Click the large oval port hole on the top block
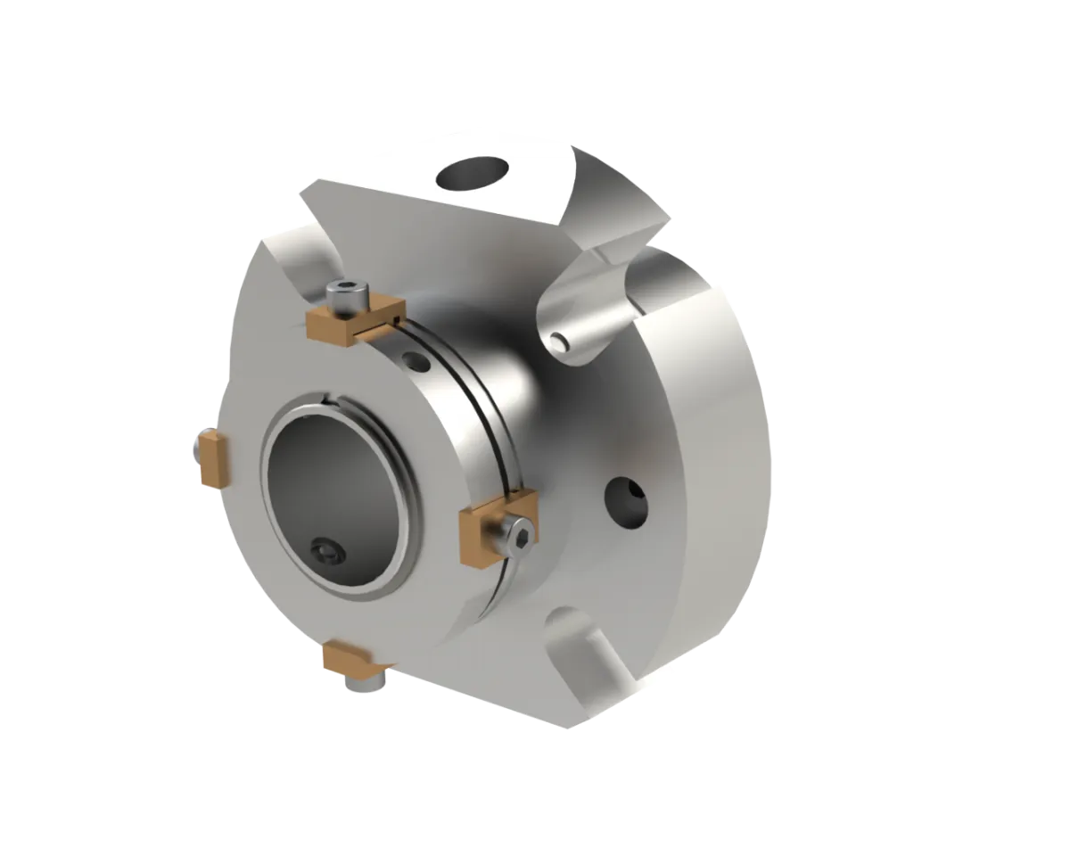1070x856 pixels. coord(476,172)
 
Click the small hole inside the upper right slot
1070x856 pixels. coord(559,341)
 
